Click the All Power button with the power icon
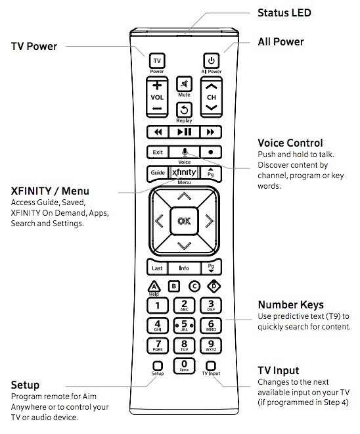tap(212, 60)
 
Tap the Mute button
tap(184, 84)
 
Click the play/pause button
tap(184, 132)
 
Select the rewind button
tap(158, 132)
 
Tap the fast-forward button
tap(211, 132)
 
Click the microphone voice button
tap(185, 152)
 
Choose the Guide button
tap(158, 173)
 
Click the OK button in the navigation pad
tap(184, 221)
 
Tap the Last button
tap(157, 268)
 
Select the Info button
tap(184, 268)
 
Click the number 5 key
tap(184, 325)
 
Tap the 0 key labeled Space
tap(184, 366)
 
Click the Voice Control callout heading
tap(290, 143)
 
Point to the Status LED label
tap(284, 12)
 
